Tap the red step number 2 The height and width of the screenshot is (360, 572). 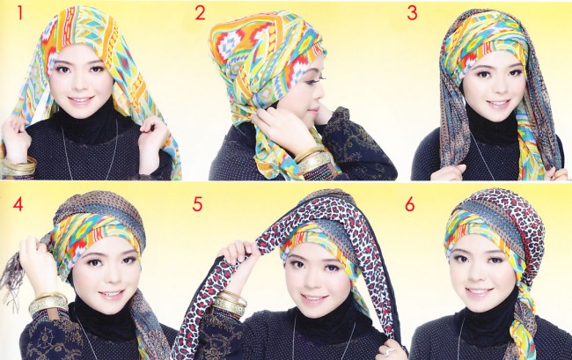click(x=200, y=13)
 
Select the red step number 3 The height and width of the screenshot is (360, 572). click(x=412, y=13)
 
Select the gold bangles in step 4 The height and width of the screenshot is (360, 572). click(x=48, y=305)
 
